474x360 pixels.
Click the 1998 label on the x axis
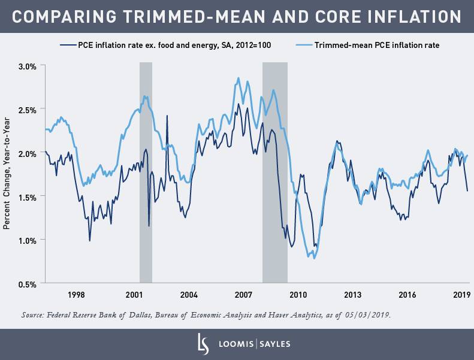[x=76, y=295]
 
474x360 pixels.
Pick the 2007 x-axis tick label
[x=243, y=295]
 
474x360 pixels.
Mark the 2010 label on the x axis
[x=298, y=295]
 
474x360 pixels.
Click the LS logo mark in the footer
[x=203, y=344]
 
